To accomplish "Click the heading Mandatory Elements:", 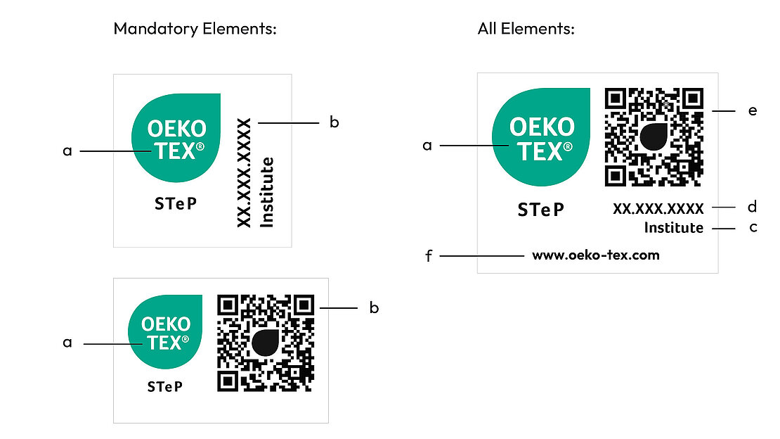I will point(195,29).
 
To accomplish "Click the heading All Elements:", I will point(526,29).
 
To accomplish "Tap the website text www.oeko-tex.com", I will point(596,255).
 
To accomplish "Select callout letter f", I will point(428,256).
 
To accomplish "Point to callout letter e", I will point(753,111).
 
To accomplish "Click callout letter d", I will point(753,208).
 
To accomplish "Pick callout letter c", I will point(753,228).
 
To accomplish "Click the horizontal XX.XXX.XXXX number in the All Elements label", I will point(658,208).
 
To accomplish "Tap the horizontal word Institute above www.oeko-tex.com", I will point(673,228).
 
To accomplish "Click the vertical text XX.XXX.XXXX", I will point(244,173).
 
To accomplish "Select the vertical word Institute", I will point(267,192).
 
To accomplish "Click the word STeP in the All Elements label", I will point(540,210).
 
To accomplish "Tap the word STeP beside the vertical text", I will point(176,205).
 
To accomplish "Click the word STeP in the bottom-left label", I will point(165,387).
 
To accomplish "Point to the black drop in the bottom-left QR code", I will point(266,342).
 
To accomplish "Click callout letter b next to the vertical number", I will point(334,122).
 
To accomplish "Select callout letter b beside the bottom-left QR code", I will point(374,308).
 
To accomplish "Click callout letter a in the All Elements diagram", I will point(427,146).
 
